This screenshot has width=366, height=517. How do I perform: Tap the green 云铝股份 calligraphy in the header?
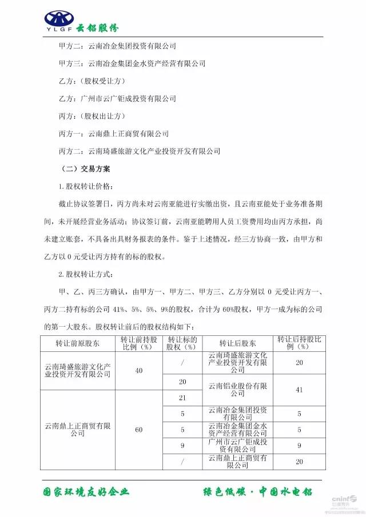98,27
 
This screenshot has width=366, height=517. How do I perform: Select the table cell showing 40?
139,370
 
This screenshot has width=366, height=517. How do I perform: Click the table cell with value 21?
183,397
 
